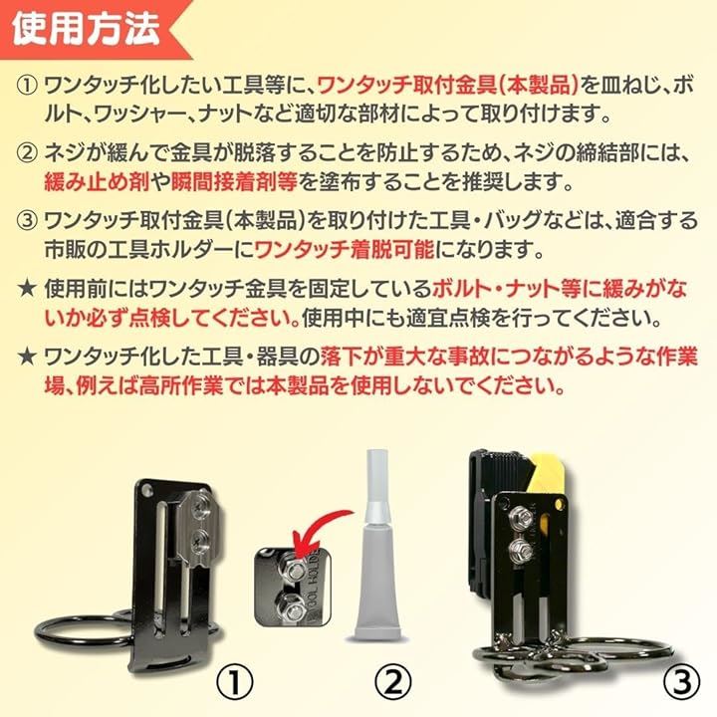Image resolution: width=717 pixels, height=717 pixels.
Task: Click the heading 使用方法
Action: pyautogui.click(x=86, y=29)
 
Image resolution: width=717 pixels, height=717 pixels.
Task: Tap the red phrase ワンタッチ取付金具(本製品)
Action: pyautogui.click(x=448, y=86)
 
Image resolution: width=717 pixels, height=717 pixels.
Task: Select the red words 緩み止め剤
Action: pyautogui.click(x=97, y=182)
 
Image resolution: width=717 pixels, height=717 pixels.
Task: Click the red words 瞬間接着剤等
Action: pyautogui.click(x=234, y=182)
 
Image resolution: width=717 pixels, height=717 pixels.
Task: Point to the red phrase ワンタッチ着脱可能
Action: pyautogui.click(x=344, y=250)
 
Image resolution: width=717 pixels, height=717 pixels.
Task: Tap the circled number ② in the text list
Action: pyautogui.click(x=27, y=153)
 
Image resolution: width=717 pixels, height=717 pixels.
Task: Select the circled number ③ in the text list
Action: pyautogui.click(x=27, y=220)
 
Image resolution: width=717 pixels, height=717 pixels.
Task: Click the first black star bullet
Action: pyautogui.click(x=27, y=289)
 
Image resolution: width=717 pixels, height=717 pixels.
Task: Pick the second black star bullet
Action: pyautogui.click(x=27, y=358)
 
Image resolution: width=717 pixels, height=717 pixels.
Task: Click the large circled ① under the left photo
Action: pyautogui.click(x=234, y=683)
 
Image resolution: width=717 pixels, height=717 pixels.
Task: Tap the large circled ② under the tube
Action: pyautogui.click(x=392, y=683)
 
